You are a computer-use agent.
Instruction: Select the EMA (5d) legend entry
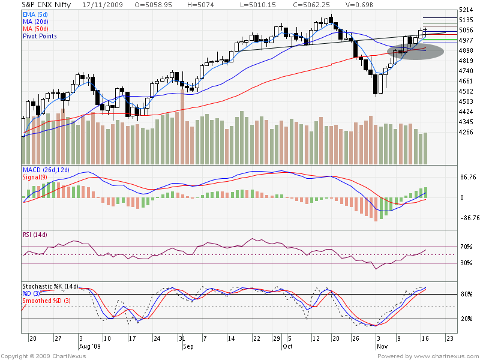[x=35, y=14]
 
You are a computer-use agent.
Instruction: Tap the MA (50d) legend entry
[x=35, y=28]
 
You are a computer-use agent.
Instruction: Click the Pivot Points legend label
[x=40, y=36]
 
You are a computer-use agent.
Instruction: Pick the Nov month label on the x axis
[x=381, y=346]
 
